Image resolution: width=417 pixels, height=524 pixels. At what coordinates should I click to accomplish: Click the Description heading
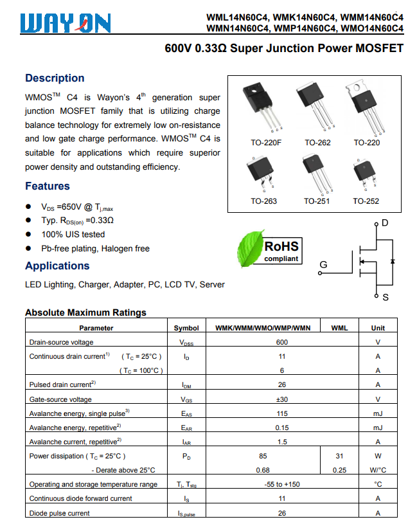pos(55,78)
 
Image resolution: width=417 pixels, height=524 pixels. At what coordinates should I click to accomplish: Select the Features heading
pos(48,186)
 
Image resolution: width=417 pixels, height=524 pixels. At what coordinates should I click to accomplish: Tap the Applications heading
pos(57,266)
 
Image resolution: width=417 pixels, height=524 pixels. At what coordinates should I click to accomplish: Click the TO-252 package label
pos(366,201)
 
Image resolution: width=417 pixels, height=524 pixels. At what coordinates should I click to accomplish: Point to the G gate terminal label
pos(323,265)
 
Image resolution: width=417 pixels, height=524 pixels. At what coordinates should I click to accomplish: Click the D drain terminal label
pos(385,223)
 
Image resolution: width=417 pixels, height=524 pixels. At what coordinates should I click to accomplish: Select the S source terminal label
pos(386,298)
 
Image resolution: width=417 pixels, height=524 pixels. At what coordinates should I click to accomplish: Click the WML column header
pos(339,328)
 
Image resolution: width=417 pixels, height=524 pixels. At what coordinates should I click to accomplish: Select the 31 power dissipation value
pos(339,456)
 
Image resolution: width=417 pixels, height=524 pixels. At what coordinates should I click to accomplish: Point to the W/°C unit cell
pos(378,470)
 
